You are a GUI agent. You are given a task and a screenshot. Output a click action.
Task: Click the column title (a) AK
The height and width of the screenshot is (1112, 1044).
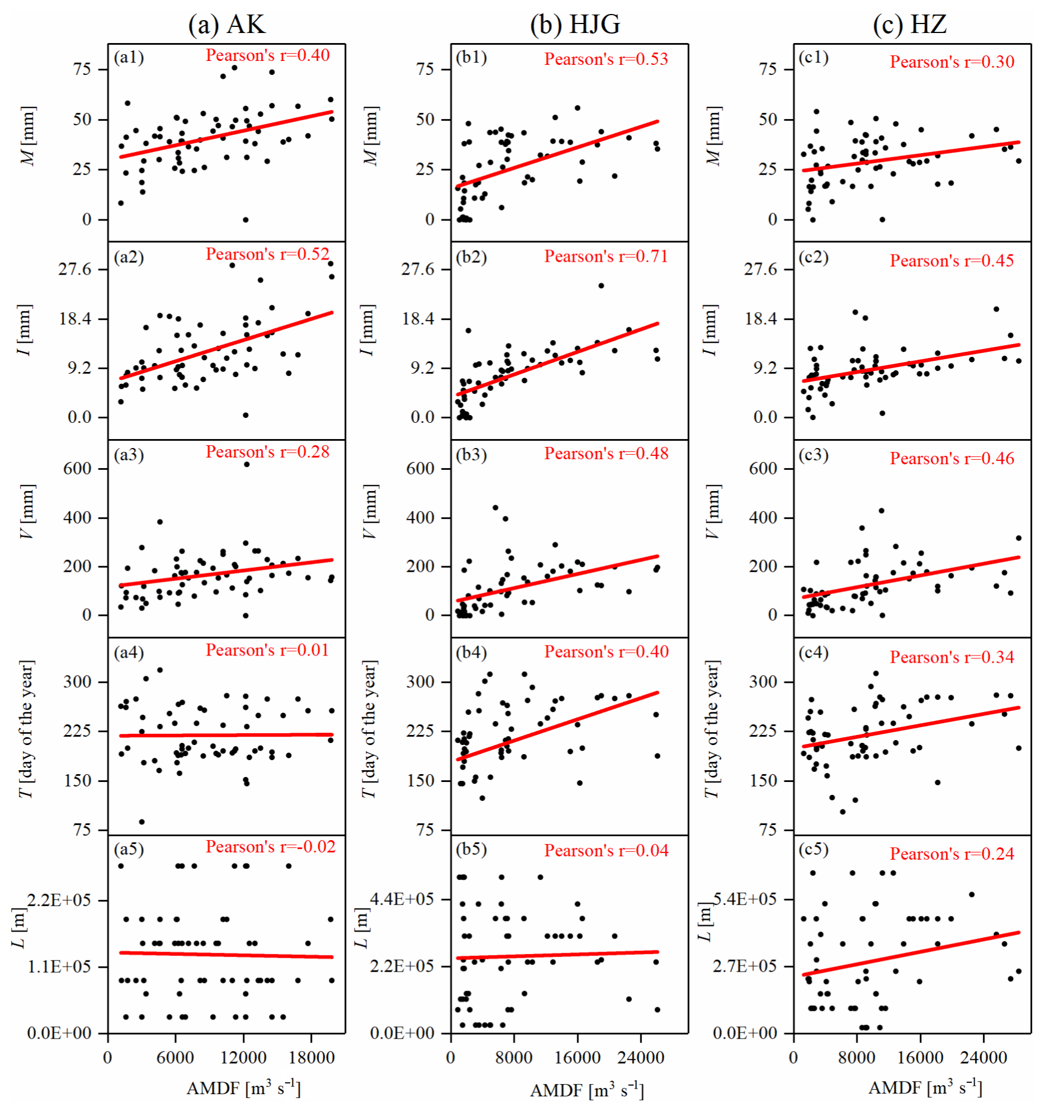tap(226, 25)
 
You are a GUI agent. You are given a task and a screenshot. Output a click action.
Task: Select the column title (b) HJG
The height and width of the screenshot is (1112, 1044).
tap(575, 25)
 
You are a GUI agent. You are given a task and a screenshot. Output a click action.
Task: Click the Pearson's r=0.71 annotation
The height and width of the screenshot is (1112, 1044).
tap(606, 257)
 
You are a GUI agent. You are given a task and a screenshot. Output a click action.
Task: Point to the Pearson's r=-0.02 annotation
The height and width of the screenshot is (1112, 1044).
tap(271, 847)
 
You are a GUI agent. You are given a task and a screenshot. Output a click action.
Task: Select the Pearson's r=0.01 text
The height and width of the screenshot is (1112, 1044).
tap(267, 651)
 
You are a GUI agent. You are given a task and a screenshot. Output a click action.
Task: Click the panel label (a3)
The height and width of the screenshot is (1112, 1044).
tap(129, 455)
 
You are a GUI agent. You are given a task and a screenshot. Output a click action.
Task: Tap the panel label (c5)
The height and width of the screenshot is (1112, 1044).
tap(814, 850)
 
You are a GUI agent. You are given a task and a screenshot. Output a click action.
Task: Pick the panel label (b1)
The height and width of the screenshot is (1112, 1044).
tap(471, 58)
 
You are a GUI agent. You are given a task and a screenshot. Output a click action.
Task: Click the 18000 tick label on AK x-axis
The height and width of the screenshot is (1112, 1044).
tap(311, 1058)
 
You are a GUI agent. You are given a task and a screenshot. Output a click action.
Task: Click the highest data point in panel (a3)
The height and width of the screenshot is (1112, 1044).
tap(247, 464)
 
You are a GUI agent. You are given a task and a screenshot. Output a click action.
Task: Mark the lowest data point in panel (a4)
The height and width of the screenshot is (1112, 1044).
tap(142, 822)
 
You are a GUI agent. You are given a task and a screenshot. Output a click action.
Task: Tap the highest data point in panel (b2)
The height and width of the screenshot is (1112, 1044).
tap(601, 286)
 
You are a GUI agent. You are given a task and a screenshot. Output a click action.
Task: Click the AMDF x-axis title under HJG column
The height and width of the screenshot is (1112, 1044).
tap(587, 1090)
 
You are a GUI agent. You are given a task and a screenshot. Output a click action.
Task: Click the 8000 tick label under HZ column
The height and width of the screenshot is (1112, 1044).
tap(857, 1058)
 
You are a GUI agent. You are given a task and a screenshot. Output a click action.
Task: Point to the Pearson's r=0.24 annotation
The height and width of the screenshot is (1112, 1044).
tap(952, 854)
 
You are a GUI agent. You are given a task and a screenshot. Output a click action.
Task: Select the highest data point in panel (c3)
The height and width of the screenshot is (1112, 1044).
tap(881, 511)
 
